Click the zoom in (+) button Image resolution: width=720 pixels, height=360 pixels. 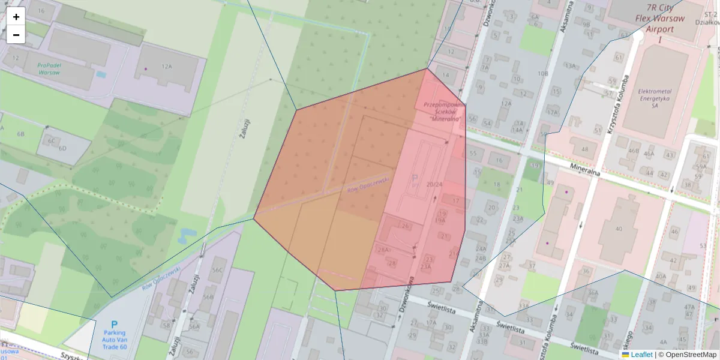coord(16,17)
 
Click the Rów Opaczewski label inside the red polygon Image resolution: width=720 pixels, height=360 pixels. coord(368,185)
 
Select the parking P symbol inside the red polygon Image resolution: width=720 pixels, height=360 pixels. coord(414,179)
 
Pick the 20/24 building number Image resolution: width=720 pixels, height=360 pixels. coord(434,184)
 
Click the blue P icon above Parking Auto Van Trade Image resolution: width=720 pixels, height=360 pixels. coord(115,325)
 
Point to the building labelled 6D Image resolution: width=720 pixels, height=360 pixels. coord(62,148)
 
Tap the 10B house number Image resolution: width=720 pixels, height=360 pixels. coord(543,74)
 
